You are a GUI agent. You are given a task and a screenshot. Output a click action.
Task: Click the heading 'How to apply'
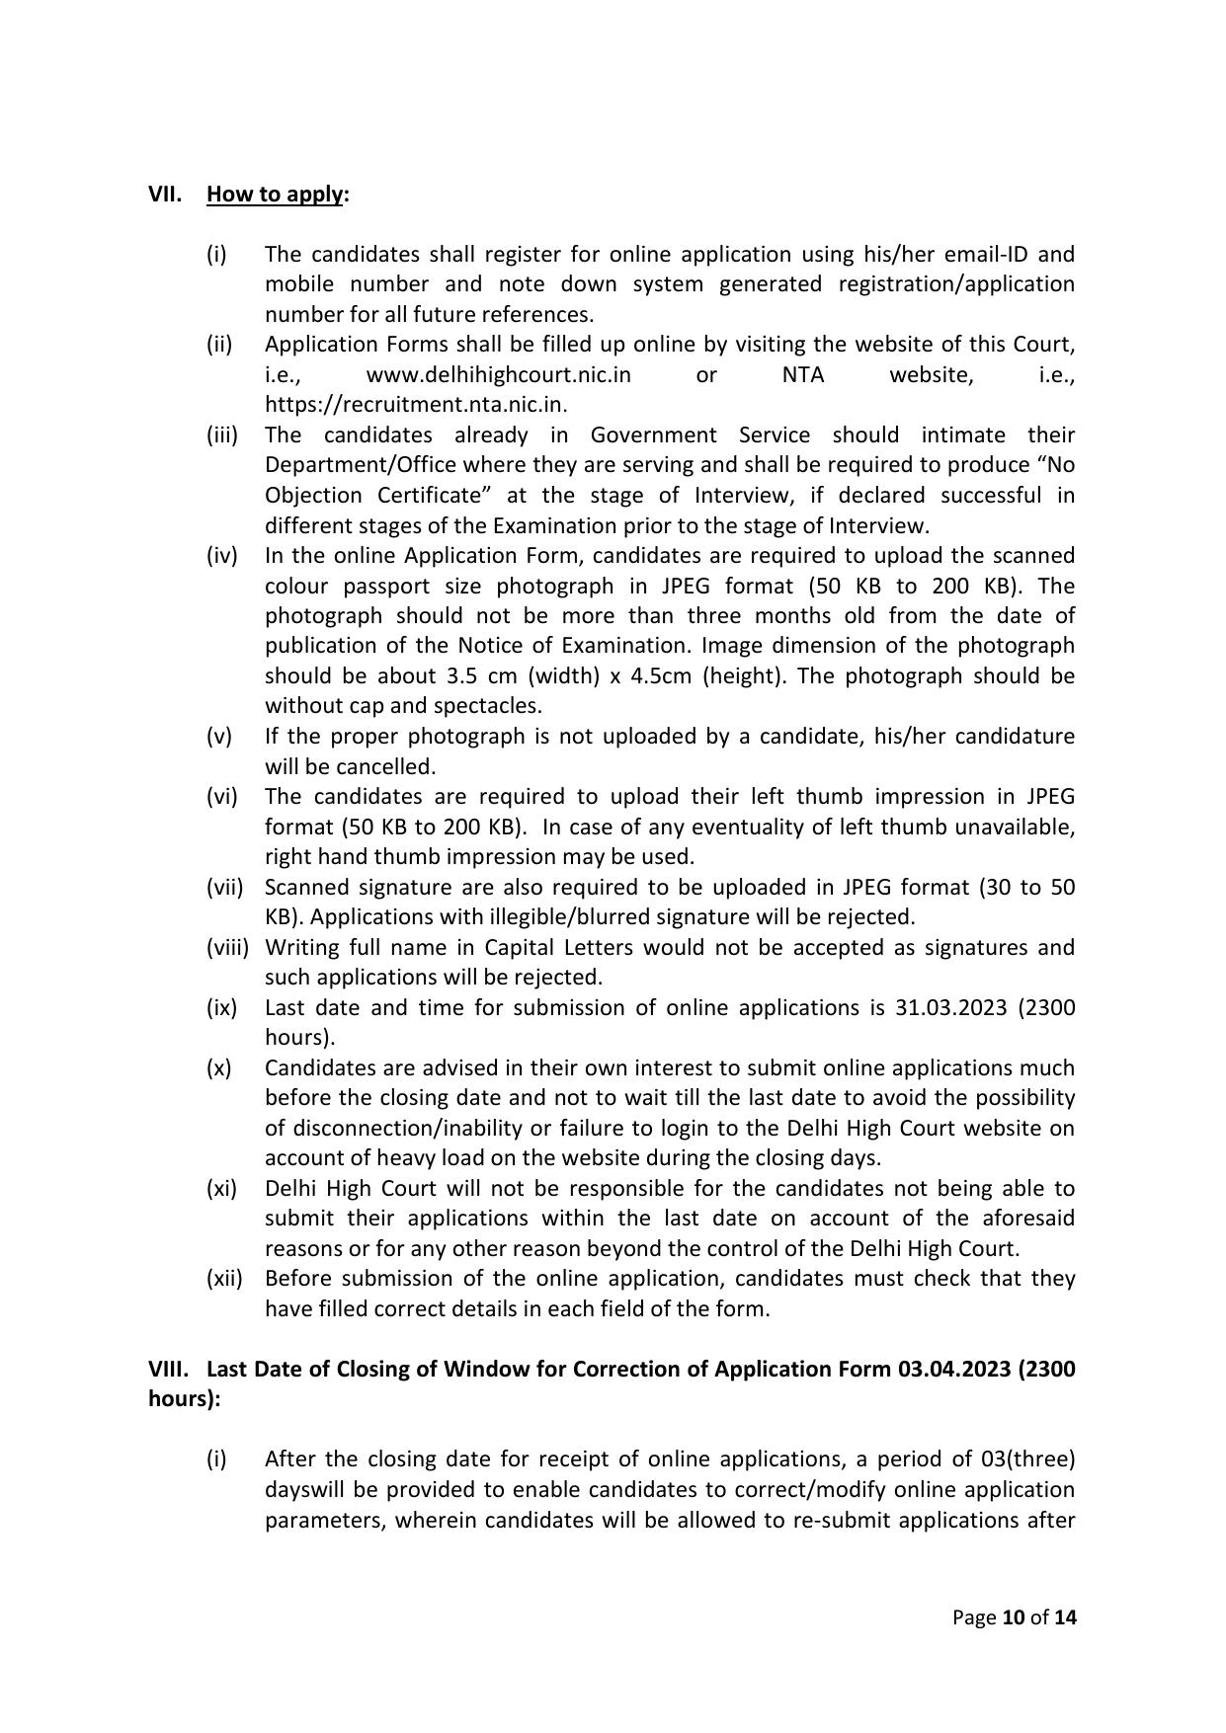pos(275,194)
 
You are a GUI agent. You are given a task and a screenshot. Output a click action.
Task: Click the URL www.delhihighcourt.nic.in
pos(498,374)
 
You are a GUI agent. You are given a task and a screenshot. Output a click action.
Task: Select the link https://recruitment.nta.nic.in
pos(415,404)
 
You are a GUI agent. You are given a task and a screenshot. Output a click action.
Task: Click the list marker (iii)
pos(222,434)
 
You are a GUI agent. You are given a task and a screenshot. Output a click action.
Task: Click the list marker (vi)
pos(222,796)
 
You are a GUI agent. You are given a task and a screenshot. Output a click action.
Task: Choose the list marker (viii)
pos(227,947)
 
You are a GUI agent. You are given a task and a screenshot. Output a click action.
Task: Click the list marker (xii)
pos(224,1278)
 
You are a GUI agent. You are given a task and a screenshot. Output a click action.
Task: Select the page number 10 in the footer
pos(1013,1617)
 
